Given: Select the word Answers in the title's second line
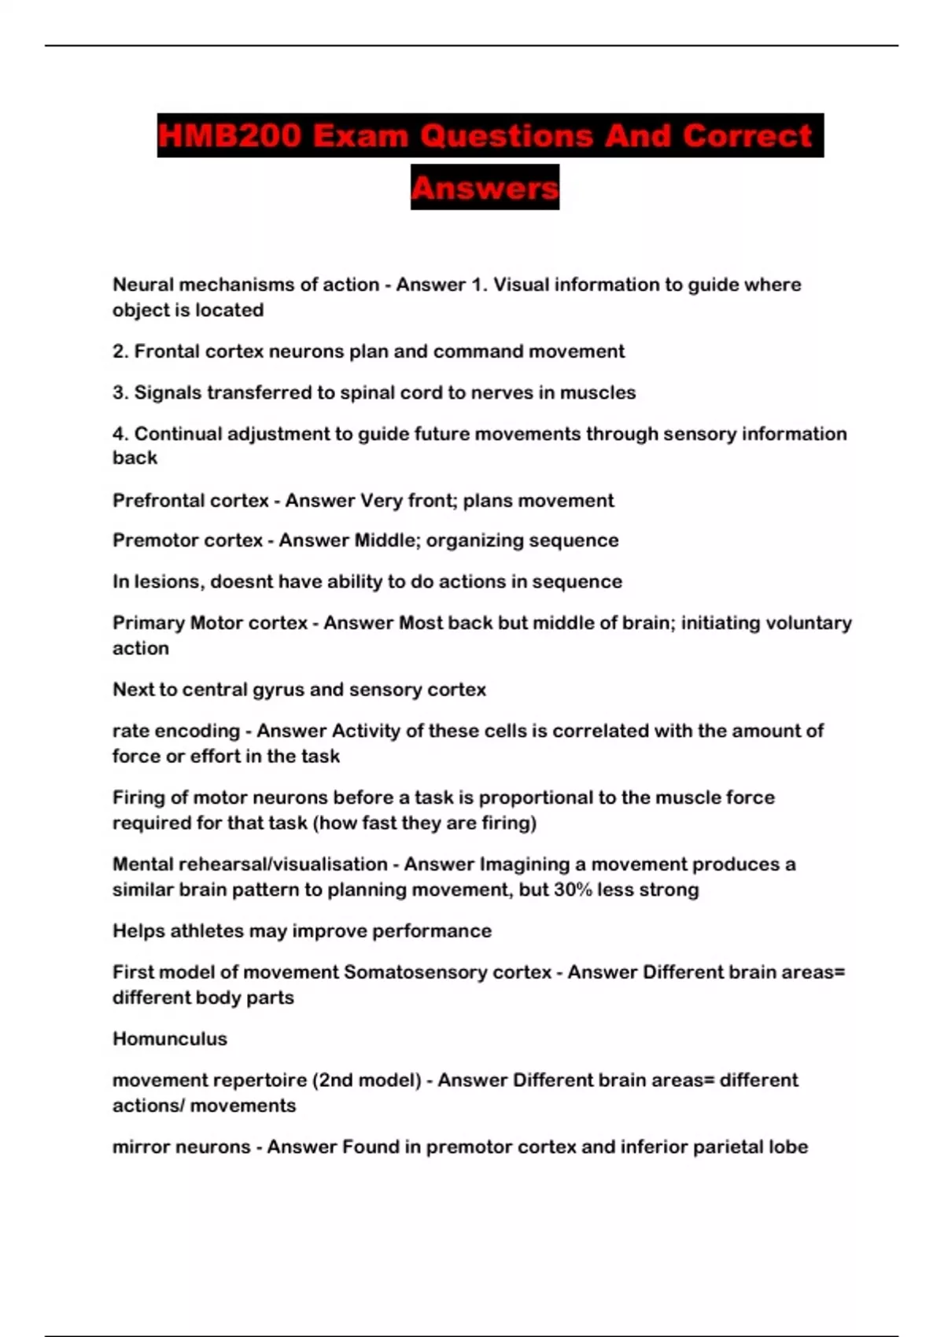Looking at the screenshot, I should point(485,188).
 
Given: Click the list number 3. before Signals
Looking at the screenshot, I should point(120,392).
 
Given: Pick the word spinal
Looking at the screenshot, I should point(370,392).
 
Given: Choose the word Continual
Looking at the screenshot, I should point(178,434).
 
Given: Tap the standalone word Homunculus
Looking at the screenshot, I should point(170,1039).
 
